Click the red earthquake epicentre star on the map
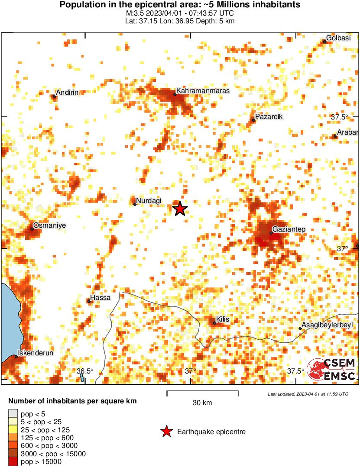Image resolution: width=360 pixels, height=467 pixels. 180,209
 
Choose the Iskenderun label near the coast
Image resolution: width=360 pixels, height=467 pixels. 36,353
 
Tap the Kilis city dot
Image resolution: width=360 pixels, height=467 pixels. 215,323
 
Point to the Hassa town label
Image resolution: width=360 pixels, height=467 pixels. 100,298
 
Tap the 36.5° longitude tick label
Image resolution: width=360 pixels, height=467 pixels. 85,371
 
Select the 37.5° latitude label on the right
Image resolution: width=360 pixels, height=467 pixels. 340,117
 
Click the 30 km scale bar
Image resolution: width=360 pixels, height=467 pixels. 202,393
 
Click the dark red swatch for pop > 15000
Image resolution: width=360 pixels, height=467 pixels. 14,462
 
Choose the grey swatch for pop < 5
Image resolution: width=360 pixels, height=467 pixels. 14,414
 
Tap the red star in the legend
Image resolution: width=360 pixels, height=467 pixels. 166,432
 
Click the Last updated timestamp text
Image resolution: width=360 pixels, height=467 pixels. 308,394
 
